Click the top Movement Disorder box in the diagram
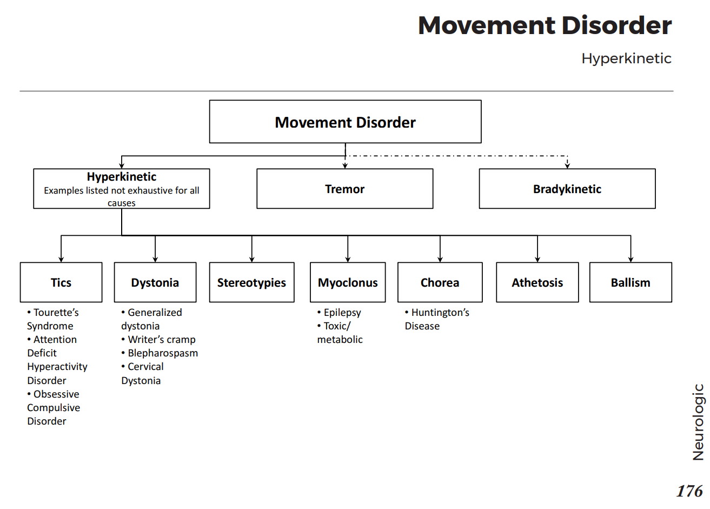(345, 122)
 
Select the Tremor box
(344, 189)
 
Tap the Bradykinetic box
(567, 189)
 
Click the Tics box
(61, 282)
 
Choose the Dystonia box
(155, 282)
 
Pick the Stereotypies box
(251, 282)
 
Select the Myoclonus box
(348, 282)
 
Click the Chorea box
(440, 282)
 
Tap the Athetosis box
(537, 282)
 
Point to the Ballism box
(631, 282)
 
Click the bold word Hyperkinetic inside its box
(122, 177)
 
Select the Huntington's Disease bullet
(437, 319)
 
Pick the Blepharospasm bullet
(162, 353)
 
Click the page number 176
(689, 491)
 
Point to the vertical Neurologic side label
(698, 422)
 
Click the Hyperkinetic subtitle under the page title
(626, 58)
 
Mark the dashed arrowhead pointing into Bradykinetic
(567, 165)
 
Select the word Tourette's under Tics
(56, 313)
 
